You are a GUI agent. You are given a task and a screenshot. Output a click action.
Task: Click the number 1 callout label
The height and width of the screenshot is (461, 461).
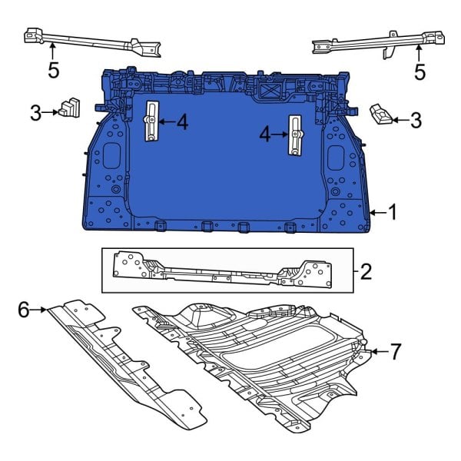click(x=393, y=211)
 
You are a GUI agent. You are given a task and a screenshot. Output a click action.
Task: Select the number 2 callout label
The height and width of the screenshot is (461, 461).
click(x=366, y=270)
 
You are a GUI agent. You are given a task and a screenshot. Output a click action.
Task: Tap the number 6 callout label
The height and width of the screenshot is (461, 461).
click(x=23, y=310)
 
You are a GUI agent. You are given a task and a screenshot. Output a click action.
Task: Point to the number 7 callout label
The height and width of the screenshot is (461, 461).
click(x=395, y=352)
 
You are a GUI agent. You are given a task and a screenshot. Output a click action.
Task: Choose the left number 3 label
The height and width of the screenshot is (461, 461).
click(x=35, y=114)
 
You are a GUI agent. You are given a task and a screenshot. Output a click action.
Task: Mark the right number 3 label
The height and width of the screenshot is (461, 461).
click(x=416, y=119)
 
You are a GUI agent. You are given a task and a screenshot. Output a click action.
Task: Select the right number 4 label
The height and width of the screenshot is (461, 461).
click(x=264, y=135)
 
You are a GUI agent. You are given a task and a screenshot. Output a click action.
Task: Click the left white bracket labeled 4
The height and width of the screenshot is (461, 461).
click(x=152, y=121)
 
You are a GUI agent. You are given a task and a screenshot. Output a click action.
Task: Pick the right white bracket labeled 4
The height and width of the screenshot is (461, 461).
click(x=295, y=135)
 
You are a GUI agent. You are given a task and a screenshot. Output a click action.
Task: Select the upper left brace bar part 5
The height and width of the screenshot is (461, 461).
click(x=92, y=42)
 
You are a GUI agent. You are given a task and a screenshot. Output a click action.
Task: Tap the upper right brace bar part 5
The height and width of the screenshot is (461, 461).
click(x=369, y=44)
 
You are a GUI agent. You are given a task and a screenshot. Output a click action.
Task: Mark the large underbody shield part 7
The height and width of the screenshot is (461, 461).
click(x=261, y=353)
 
